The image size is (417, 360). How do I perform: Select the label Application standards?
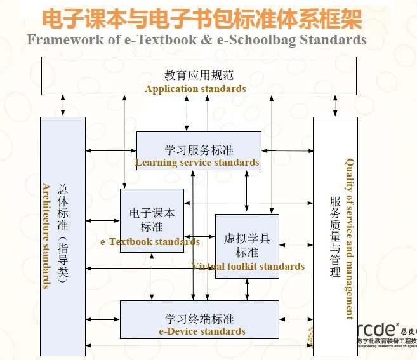195,89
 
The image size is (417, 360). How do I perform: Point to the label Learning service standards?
197,163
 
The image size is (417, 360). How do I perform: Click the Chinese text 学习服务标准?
199,150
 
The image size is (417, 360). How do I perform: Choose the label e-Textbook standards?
150,242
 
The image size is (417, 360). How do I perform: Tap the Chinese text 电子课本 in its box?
152,213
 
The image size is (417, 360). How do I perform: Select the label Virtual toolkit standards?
248,267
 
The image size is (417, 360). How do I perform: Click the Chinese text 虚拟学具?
247,239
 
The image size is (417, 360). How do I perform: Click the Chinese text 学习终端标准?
199,318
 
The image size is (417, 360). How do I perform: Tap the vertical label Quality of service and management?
349,238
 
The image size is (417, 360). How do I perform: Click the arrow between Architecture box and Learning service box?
110,150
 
